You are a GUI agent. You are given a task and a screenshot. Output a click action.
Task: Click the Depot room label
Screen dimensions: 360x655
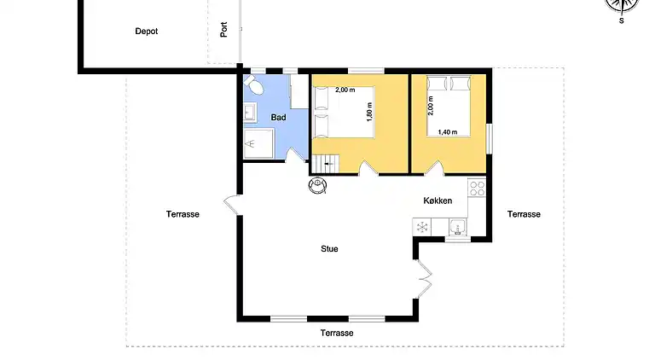[147, 32]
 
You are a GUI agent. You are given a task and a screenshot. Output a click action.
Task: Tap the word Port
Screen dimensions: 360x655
[223, 30]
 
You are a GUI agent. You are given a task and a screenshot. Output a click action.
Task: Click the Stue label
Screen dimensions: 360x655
[329, 249]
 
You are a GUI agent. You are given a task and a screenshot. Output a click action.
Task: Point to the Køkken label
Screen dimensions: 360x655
[438, 201]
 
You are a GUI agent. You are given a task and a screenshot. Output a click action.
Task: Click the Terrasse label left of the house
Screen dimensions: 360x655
[183, 214]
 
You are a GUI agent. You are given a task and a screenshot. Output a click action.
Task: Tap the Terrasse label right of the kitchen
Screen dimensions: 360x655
[523, 214]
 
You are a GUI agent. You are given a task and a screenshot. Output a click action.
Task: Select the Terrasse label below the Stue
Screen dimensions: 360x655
[336, 333]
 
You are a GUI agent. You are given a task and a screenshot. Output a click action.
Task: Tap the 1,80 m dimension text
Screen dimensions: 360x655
[370, 113]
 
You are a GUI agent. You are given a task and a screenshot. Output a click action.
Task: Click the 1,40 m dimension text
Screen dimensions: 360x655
[447, 132]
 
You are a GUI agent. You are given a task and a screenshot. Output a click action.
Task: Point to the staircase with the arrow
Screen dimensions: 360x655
[327, 163]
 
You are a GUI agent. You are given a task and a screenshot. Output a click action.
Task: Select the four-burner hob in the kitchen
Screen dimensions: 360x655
[477, 188]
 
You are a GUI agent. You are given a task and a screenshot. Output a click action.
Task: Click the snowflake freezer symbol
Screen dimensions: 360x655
[421, 227]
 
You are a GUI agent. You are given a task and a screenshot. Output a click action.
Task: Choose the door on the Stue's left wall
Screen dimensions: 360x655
[232, 206]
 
